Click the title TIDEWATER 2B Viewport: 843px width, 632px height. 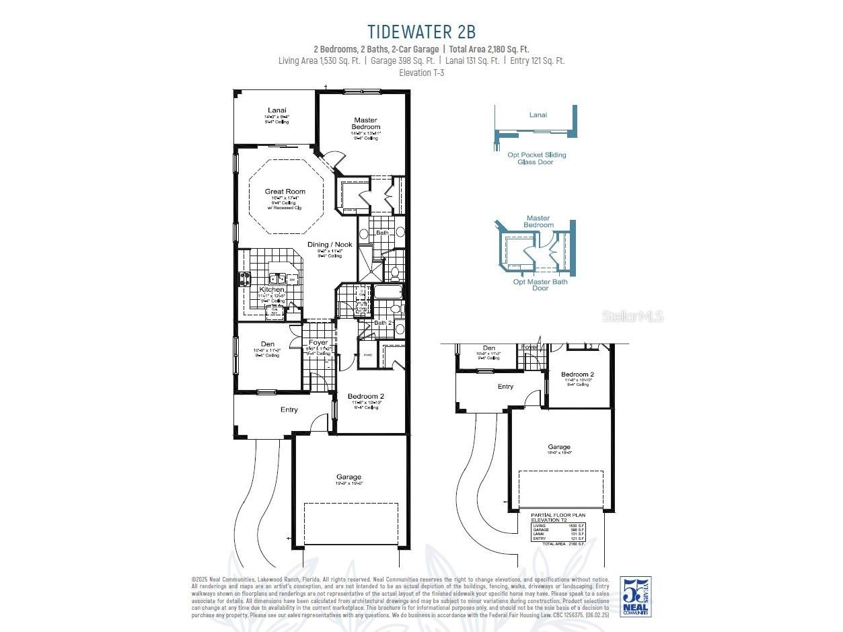421,32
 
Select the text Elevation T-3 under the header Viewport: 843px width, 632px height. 421,73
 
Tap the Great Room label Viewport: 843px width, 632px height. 285,192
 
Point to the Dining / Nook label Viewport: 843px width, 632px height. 330,245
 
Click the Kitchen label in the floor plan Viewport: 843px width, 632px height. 272,289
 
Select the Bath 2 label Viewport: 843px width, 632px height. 383,323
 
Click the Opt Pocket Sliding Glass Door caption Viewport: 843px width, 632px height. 536,159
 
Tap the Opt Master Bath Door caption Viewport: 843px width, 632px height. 540,285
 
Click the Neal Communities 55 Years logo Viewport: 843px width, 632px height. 636,597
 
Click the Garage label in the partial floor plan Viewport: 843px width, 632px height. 558,447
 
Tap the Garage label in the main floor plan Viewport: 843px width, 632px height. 349,477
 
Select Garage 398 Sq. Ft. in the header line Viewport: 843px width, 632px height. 402,61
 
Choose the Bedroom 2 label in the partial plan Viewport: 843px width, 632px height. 577,374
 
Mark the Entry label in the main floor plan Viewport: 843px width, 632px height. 289,410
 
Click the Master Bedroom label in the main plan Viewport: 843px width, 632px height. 365,124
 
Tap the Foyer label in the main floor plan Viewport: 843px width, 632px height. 318,343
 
